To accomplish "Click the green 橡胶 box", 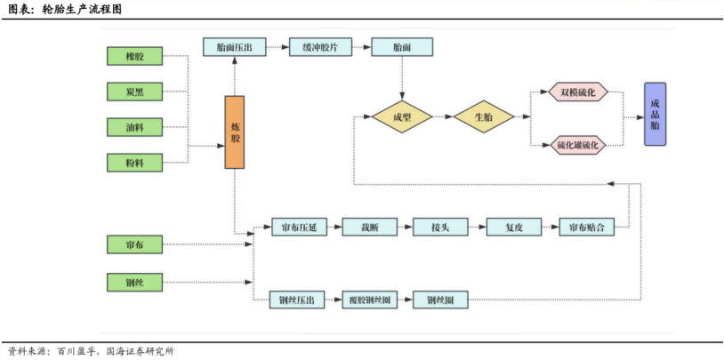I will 134,57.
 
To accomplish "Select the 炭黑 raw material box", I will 134,92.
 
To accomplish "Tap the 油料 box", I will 134,127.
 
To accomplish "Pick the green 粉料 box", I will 134,162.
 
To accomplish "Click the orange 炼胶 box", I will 234,132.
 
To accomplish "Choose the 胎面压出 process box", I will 234,47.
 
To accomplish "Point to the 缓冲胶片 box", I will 319,47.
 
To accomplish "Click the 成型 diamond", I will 401,116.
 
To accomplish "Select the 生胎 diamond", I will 485,116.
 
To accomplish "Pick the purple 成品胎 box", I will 656,114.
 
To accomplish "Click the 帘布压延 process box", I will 298,227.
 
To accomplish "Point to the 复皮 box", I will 514,227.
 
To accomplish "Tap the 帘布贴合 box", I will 587,227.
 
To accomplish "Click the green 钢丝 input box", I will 134,282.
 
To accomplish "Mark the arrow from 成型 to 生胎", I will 443,116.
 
